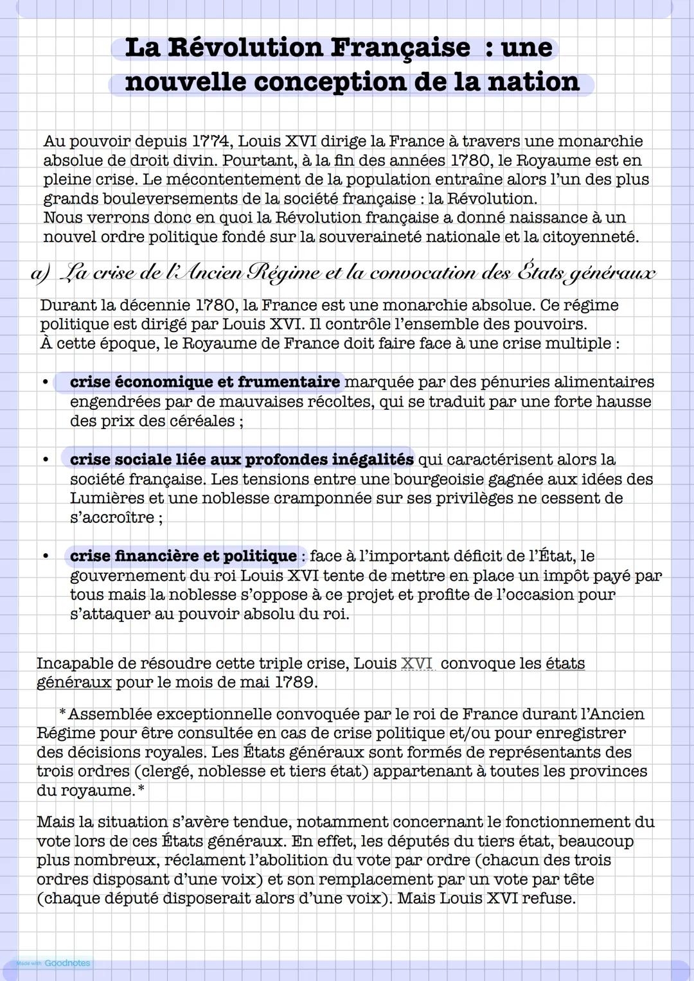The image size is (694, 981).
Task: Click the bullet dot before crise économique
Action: (46, 383)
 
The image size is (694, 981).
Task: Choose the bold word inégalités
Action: (373, 459)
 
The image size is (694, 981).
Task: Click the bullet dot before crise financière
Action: (46, 556)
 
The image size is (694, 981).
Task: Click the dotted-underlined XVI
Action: (417, 663)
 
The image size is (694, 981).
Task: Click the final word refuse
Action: (548, 898)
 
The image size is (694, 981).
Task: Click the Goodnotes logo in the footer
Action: (67, 963)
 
